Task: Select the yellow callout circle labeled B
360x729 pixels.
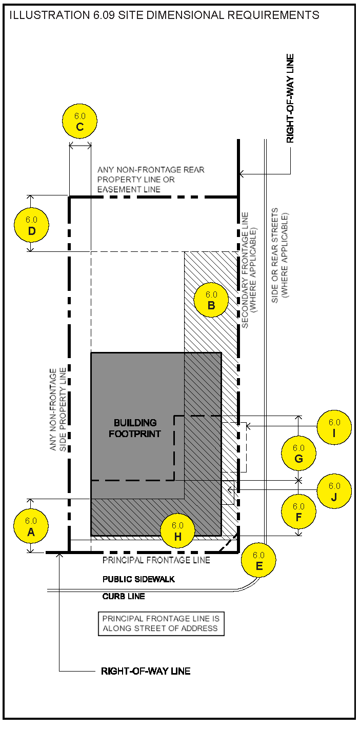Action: [x=211, y=301]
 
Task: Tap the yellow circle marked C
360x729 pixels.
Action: [x=79, y=122]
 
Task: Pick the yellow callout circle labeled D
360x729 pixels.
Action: [x=31, y=225]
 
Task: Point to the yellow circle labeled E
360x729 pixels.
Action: [x=258, y=560]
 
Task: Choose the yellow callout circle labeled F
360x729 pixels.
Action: [x=298, y=512]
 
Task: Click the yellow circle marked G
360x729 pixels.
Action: [x=298, y=454]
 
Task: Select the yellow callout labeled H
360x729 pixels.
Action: [x=177, y=531]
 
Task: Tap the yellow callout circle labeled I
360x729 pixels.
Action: [x=334, y=427]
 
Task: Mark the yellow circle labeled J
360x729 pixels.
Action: [x=334, y=491]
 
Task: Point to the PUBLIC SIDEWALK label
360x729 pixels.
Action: [x=138, y=579]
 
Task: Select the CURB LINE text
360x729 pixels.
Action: [x=124, y=596]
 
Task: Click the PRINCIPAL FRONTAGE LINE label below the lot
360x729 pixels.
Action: [x=156, y=560]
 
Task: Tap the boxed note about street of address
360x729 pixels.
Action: [x=161, y=624]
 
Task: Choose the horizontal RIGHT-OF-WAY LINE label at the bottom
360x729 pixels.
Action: [x=146, y=671]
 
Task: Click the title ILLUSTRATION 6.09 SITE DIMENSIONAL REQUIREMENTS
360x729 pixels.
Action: [x=165, y=15]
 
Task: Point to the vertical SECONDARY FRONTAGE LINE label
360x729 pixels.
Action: [x=248, y=270]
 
